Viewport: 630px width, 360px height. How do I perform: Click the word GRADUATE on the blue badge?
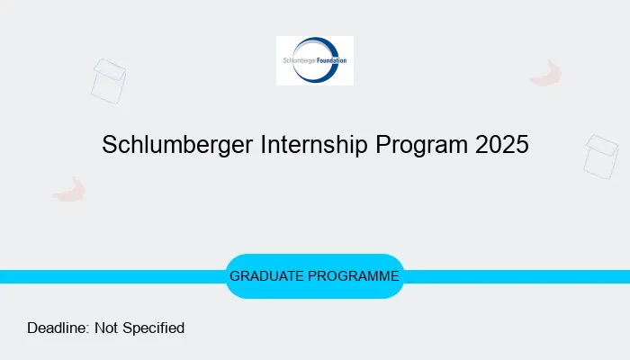tap(267, 276)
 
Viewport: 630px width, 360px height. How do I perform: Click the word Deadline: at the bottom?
tap(58, 328)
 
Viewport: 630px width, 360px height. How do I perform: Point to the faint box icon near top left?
tap(108, 80)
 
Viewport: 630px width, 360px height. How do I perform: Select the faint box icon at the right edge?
tap(601, 156)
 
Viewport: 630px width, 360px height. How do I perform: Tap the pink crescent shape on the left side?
tap(69, 189)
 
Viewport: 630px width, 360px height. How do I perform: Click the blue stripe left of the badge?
tap(108, 276)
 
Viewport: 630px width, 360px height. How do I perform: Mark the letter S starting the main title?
tap(110, 145)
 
